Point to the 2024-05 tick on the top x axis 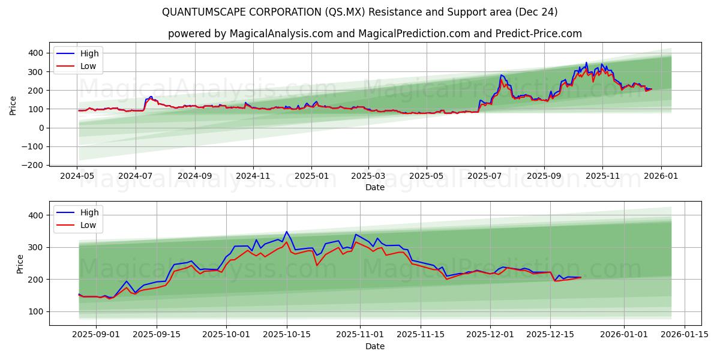[x=77, y=177]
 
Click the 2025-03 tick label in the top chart [x=368, y=177]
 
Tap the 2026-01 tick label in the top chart [x=661, y=177]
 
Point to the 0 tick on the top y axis [x=41, y=128]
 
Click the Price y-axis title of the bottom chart [x=20, y=264]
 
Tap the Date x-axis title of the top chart [x=375, y=187]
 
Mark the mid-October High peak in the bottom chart [x=286, y=232]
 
